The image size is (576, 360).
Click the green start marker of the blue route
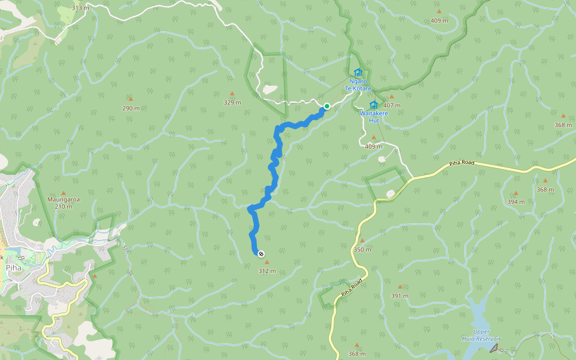click(327, 106)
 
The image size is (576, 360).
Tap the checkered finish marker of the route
click(261, 254)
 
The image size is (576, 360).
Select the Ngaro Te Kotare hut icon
click(358, 73)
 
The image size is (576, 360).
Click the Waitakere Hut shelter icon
click(373, 105)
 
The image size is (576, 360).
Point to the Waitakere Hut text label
click(374, 116)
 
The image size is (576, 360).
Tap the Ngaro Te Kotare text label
click(358, 85)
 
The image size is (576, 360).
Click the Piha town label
click(13, 268)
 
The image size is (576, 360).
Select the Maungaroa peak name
click(64, 199)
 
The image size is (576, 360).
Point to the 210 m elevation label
click(64, 206)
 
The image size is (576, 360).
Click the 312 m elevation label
click(267, 271)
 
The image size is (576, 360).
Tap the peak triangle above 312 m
click(267, 262)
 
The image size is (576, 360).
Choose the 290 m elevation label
click(131, 108)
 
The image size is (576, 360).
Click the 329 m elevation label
click(232, 102)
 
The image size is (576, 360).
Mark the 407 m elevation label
click(392, 105)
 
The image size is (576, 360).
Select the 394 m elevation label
click(515, 202)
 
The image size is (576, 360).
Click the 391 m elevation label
click(400, 295)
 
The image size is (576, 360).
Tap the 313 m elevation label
click(80, 8)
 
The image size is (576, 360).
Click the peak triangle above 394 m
click(515, 193)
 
